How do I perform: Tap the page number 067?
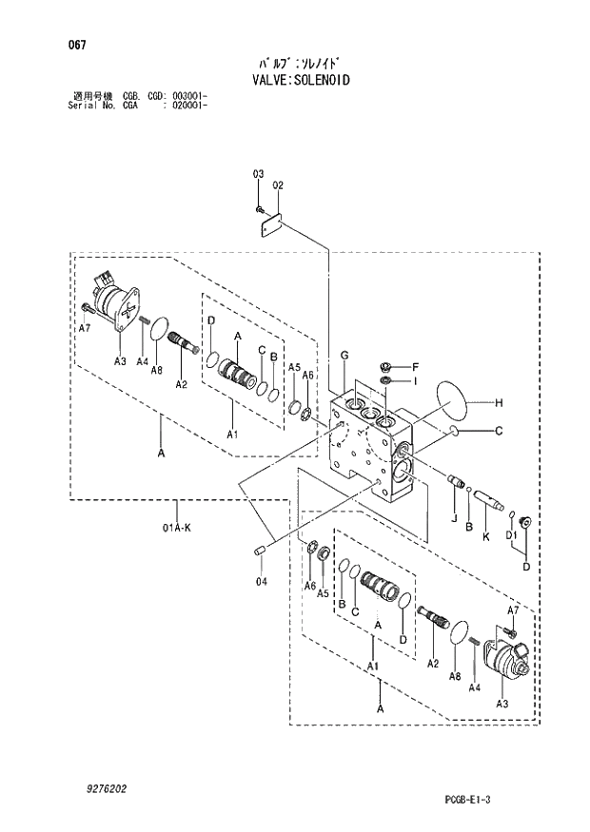coord(78,44)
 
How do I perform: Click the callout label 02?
coord(278,186)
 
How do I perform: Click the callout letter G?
coord(344,356)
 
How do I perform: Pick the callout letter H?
coord(497,403)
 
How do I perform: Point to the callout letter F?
coord(415,366)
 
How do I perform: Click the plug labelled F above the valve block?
coord(386,366)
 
